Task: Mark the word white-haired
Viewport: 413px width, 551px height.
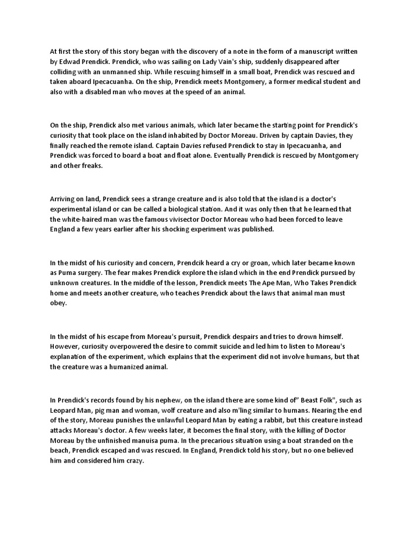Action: pyautogui.click(x=86, y=219)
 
